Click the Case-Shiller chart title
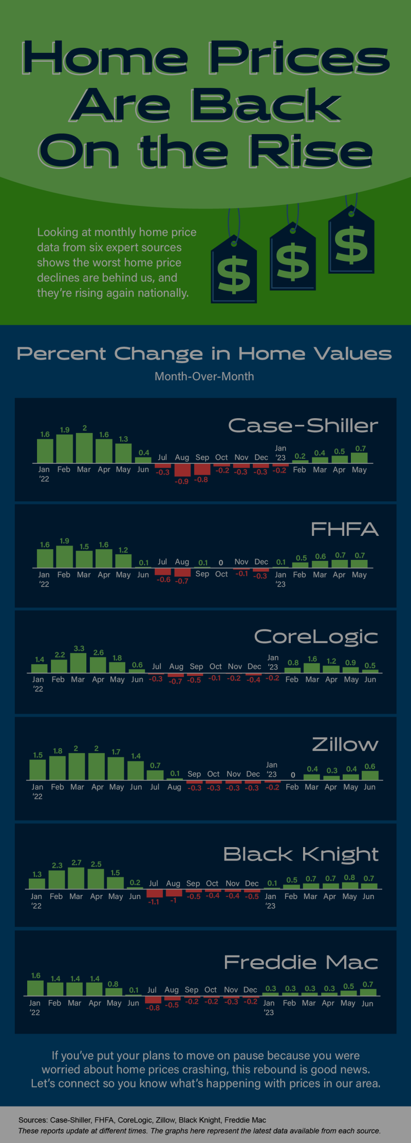point(303,426)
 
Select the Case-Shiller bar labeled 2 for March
point(84,448)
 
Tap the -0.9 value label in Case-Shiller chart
point(181,481)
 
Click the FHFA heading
point(344,530)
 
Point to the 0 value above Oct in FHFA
point(221,563)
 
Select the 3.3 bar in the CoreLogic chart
point(78,663)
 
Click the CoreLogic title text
point(315,637)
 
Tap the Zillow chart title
point(345,745)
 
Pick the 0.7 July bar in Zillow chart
point(155,775)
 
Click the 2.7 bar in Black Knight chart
point(76,878)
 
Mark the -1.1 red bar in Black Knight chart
point(154,893)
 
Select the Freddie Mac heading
point(301,962)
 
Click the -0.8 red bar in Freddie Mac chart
point(153,1000)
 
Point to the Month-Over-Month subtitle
point(204,377)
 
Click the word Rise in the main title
point(310,152)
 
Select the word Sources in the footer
point(33,1120)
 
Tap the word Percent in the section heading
point(61,354)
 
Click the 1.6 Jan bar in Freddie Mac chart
point(35,988)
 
